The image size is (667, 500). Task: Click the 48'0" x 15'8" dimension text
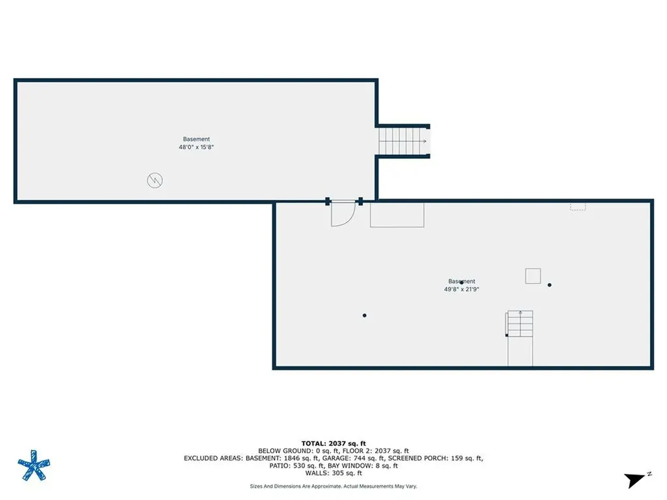coord(196,147)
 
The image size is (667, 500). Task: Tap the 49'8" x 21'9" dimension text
coord(462,289)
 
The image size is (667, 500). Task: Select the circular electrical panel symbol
coord(155,180)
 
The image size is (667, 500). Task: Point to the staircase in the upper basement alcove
coord(403,141)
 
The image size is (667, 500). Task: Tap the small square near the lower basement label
coord(533,276)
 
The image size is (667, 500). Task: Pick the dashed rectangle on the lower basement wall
coord(578,206)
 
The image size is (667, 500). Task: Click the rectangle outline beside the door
coord(397,215)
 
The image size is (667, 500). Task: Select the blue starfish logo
coord(34,465)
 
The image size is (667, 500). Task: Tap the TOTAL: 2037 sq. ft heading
coord(333,443)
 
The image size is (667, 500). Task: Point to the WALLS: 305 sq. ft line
coord(333,473)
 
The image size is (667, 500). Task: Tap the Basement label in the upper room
coord(196,139)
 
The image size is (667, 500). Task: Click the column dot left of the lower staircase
coord(365,316)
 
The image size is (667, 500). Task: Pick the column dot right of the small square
coord(550,285)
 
